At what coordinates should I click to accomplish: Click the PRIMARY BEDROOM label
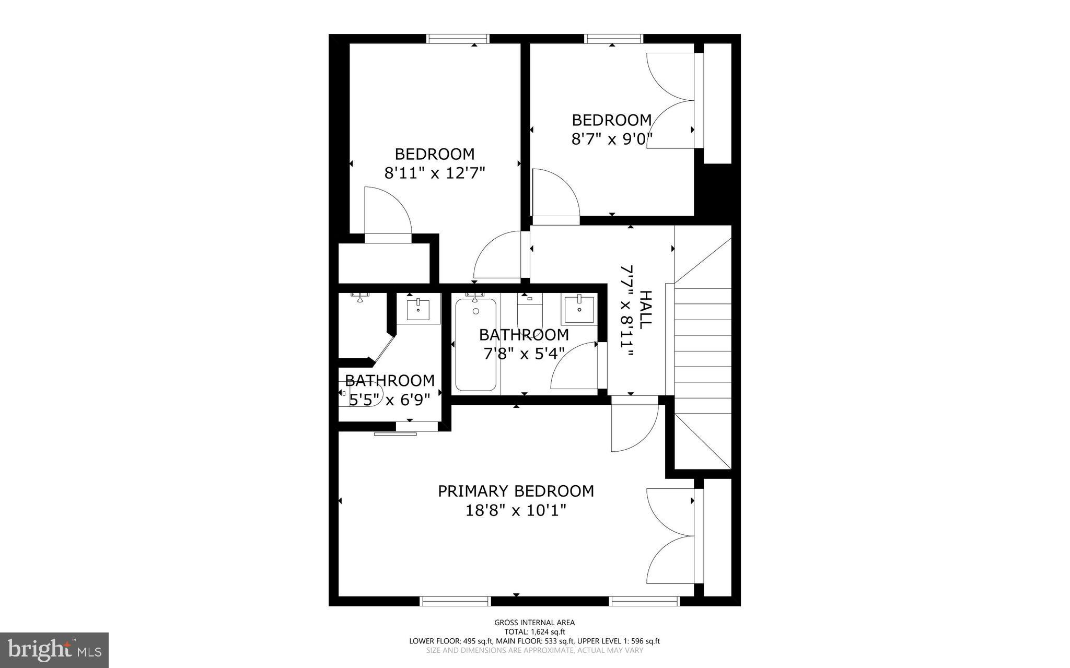click(516, 491)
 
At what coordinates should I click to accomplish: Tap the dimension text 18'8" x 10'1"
click(516, 510)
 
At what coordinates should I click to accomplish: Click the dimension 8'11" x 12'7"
click(435, 173)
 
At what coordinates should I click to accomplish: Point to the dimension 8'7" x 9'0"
click(612, 139)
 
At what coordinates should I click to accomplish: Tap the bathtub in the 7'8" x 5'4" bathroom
click(475, 345)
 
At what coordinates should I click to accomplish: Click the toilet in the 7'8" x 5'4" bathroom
click(530, 311)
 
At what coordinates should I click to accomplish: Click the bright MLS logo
click(54, 650)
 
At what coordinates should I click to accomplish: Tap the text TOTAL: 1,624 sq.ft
click(534, 631)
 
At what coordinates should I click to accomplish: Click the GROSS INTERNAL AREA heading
click(534, 622)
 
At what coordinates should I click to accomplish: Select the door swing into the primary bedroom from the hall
click(632, 426)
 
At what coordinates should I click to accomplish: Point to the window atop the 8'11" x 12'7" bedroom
click(458, 39)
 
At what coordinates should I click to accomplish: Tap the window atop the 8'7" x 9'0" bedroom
click(613, 39)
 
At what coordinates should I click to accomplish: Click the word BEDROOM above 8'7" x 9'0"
click(612, 120)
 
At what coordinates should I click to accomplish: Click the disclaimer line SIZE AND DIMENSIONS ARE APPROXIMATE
click(534, 650)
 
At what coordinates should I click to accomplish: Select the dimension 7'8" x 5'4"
click(524, 354)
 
